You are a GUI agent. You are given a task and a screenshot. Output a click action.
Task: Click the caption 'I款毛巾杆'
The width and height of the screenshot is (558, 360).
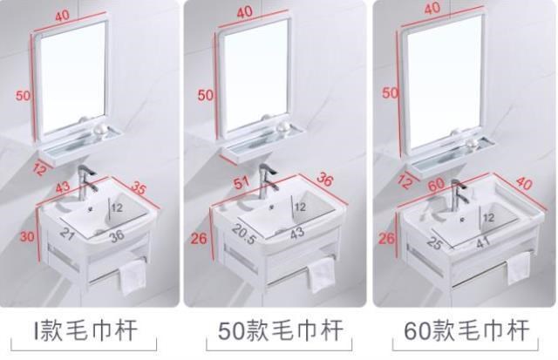point(85,330)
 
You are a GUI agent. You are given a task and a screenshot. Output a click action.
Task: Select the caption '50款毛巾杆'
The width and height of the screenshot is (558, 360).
point(281,330)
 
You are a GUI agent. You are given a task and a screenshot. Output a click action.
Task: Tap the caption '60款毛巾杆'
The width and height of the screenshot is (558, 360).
point(466,330)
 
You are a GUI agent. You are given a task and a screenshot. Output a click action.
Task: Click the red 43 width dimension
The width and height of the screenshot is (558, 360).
point(63,187)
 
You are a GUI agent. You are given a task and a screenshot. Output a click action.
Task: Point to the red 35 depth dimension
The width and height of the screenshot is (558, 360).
point(138,187)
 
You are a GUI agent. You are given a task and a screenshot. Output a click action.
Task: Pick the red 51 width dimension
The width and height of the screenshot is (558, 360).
point(242,183)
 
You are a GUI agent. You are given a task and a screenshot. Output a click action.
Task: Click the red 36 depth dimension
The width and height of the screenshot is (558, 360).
point(325,180)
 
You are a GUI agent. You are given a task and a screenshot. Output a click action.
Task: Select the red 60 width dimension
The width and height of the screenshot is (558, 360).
point(436,184)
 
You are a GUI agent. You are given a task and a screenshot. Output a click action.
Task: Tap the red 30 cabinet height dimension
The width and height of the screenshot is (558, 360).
point(27,236)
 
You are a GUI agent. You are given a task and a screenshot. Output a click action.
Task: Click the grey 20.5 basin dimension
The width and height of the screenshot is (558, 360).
point(244,234)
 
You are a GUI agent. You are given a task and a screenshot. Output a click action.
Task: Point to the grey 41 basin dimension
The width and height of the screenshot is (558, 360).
point(483,242)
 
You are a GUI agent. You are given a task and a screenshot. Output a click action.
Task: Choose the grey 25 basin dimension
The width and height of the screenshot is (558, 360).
point(434,243)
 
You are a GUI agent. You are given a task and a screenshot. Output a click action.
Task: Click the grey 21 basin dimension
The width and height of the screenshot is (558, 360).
point(67,234)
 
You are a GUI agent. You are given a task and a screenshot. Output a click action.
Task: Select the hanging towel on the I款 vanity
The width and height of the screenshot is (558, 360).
point(133,277)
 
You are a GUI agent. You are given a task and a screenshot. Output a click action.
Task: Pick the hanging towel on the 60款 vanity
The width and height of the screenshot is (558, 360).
point(519,268)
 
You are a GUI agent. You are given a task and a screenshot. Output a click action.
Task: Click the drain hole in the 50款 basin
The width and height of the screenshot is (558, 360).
point(272,207)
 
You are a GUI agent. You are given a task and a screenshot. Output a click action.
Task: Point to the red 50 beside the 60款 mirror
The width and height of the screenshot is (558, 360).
point(390,93)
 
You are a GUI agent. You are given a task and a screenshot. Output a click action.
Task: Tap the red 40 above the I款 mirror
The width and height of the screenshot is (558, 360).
point(62,16)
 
